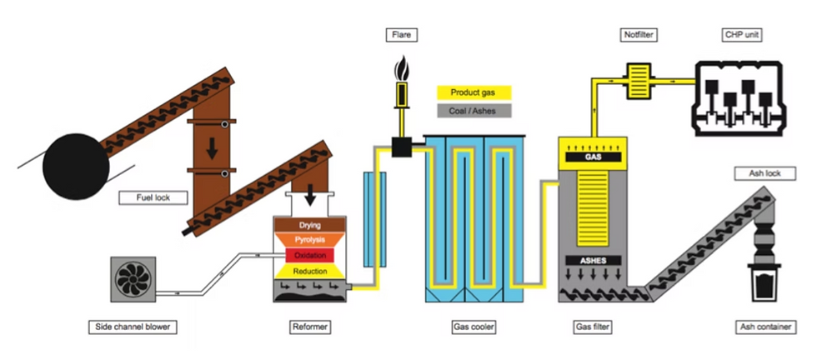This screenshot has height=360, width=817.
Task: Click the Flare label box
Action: pos(402,36)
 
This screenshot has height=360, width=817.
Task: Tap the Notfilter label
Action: pos(639,36)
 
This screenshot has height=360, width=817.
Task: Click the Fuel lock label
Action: pos(153,198)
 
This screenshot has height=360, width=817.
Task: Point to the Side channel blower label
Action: pos(133,327)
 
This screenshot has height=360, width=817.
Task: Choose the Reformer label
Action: pos(309,327)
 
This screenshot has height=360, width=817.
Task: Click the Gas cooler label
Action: pos(474,327)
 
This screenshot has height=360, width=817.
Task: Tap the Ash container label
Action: pos(765,327)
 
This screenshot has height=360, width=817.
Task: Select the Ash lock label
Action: pos(765,173)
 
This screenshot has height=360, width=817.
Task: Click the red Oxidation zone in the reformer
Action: pos(309,255)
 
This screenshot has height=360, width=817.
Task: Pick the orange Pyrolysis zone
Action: pos(309,240)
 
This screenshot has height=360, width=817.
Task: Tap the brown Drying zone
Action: pos(309,225)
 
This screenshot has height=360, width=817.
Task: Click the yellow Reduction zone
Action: pos(309,271)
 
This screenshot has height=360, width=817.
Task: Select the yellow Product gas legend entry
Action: pos(474,92)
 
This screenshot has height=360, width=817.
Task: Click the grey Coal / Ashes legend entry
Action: pos(474,111)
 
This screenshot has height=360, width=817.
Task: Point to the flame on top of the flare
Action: pos(402,67)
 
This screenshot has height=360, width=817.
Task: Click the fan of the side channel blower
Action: pos(133,279)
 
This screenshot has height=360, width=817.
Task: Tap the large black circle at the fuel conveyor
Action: pos(76,166)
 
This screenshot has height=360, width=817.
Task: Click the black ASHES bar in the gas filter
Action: pos(593,260)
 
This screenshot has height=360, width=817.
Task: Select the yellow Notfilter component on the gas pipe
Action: pos(639,82)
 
